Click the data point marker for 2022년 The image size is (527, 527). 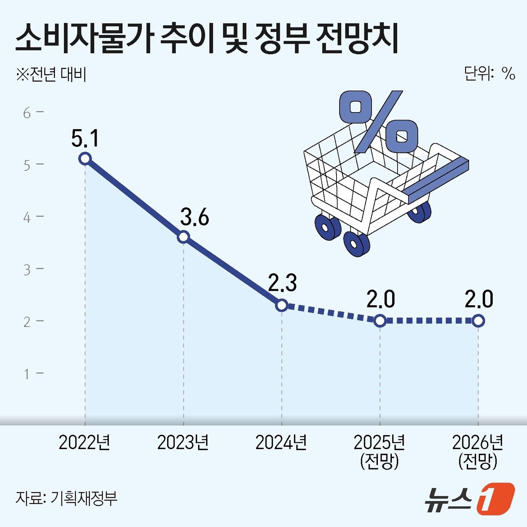tap(85, 158)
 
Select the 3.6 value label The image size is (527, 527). tap(195, 218)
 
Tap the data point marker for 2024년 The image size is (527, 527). tap(282, 305)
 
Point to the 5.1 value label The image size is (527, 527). tap(85, 138)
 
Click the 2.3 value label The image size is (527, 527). tap(282, 283)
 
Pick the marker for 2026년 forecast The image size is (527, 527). tap(478, 321)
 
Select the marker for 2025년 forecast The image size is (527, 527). tap(380, 321)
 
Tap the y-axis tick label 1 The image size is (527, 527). tap(27, 374)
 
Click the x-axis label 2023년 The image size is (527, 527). tap(183, 443)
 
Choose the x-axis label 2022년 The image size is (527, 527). tap(85, 443)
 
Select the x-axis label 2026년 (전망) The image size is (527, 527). tap(478, 451)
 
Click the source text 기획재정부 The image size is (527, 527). tap(84, 498)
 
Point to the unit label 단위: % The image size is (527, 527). tap(489, 73)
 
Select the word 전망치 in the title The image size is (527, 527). tap(357, 39)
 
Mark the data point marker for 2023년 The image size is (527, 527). tap(183, 237)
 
